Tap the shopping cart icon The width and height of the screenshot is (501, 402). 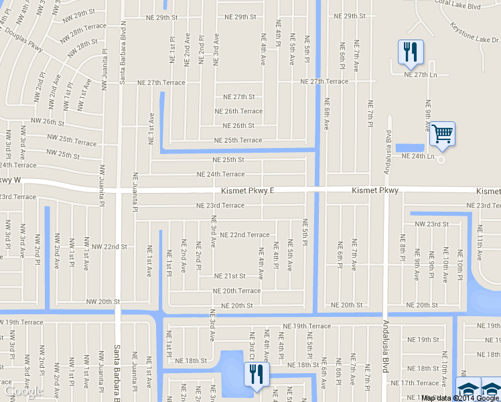pyautogui.click(x=442, y=134)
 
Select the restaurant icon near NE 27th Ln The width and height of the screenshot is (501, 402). pyautogui.click(x=410, y=52)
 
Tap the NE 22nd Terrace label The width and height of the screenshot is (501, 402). pyautogui.click(x=240, y=235)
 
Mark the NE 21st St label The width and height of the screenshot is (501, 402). pyautogui.click(x=230, y=276)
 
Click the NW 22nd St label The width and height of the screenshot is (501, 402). pyautogui.click(x=110, y=247)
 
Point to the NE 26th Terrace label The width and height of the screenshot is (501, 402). pyautogui.click(x=238, y=111)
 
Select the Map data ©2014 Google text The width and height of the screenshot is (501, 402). pyautogui.click(x=460, y=398)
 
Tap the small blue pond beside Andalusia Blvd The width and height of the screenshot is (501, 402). pyautogui.click(x=409, y=148)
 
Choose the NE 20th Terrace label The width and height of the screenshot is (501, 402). pyautogui.click(x=236, y=291)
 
